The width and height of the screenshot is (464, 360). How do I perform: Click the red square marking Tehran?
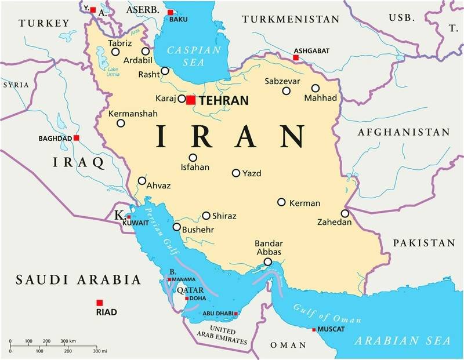click(x=191, y=100)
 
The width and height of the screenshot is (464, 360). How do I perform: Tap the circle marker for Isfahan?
click(x=193, y=158)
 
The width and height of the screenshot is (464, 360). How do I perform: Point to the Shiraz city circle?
click(x=206, y=216)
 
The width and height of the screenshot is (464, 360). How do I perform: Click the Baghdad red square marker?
click(x=77, y=138)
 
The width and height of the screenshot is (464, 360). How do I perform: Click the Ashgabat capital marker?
click(x=296, y=58)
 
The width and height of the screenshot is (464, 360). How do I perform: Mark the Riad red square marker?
click(x=100, y=303)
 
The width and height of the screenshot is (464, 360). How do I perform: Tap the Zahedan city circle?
click(x=345, y=213)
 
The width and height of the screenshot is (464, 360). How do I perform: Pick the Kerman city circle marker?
click(x=281, y=202)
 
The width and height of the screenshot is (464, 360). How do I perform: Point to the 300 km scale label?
click(x=85, y=340)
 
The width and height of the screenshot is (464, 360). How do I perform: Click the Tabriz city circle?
click(x=115, y=52)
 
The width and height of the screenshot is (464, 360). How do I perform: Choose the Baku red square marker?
click(x=170, y=12)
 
